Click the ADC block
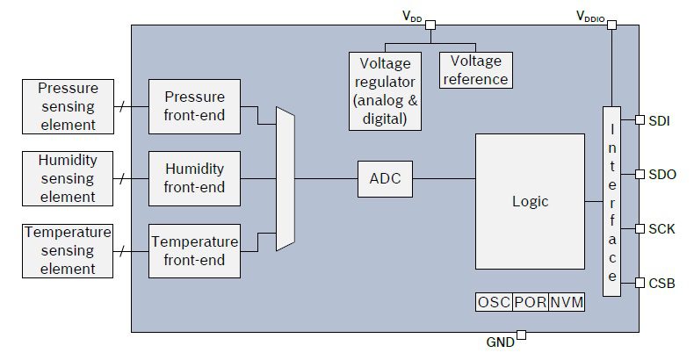(x=385, y=179)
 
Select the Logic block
(x=530, y=201)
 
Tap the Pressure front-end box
(x=194, y=105)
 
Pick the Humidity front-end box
(x=194, y=177)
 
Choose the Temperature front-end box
(x=194, y=250)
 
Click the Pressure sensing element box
(x=67, y=105)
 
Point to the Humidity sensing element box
(x=67, y=177)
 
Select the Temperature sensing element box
(x=67, y=250)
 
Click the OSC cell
(x=494, y=302)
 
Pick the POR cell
(x=531, y=302)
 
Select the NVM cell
(x=567, y=302)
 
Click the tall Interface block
(x=612, y=201)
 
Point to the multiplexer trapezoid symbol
(x=285, y=179)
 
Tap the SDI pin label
(x=661, y=120)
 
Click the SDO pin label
(x=662, y=174)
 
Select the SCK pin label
(x=661, y=228)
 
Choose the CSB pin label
(x=661, y=283)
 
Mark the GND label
(x=500, y=342)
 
